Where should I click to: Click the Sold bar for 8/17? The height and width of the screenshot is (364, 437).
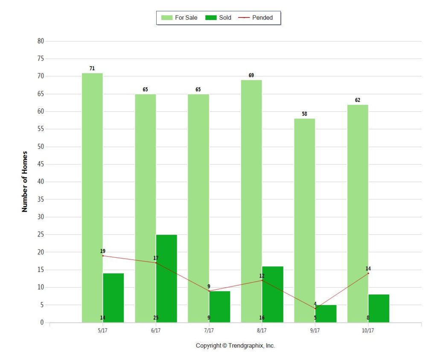point(273,294)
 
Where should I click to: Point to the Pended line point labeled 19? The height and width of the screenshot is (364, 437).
point(103,256)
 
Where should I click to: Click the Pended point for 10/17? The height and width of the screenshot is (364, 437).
point(368,273)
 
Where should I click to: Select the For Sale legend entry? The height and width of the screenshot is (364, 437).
point(180,18)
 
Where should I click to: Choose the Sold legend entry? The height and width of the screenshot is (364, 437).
point(218,18)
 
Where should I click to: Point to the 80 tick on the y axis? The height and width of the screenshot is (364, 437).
point(41,41)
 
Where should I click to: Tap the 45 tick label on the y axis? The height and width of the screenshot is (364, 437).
point(41,164)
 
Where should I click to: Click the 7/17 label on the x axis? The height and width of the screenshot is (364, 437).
point(209,331)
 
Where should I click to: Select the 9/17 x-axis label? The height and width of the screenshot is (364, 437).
point(315,331)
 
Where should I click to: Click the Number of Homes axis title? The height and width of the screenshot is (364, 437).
point(25,181)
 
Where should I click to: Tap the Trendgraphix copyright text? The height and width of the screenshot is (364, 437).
point(235,346)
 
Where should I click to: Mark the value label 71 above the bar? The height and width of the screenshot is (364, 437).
point(92,68)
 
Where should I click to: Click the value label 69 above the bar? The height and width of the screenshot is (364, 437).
point(251,76)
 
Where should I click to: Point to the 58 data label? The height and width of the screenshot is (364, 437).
point(304,114)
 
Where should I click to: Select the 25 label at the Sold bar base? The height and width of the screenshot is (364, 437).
point(156,318)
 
